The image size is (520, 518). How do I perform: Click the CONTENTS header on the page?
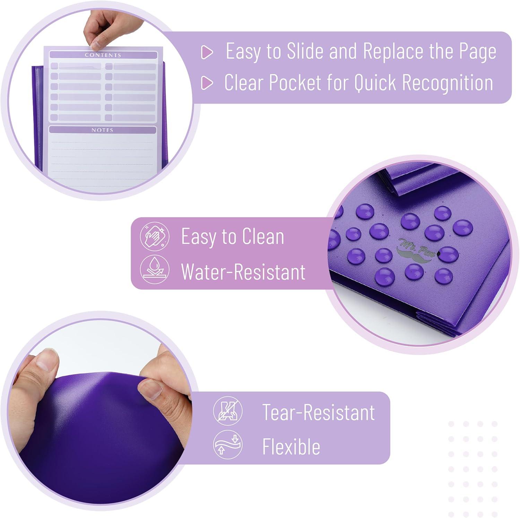[x=103, y=55]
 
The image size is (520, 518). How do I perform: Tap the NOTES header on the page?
[x=102, y=130]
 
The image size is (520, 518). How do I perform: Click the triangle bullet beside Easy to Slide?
[x=207, y=52]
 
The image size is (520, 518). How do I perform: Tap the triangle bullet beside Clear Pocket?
[x=207, y=83]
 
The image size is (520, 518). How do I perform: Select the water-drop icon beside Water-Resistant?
[x=155, y=269]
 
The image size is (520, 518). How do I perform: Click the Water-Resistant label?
[x=243, y=271]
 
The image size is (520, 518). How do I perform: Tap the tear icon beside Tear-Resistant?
[x=228, y=411]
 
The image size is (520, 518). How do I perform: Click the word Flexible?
[x=291, y=446]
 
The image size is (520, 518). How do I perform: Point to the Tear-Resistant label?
[x=319, y=412]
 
